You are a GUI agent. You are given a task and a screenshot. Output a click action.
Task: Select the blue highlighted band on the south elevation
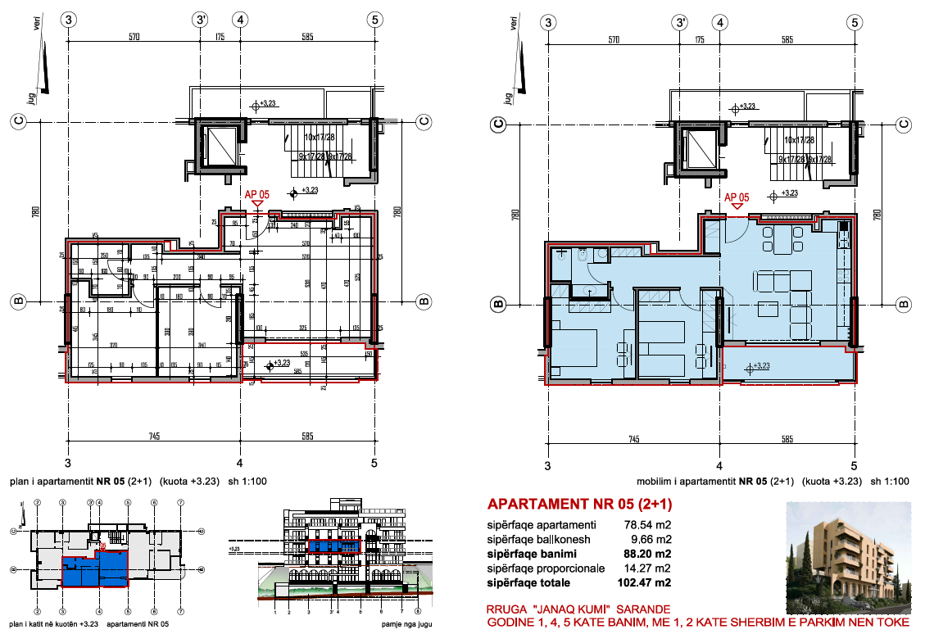coord(333,546)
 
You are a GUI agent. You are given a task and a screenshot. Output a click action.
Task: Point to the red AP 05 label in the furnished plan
coord(737,197)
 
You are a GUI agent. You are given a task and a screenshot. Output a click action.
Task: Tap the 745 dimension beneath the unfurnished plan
coord(154,437)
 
